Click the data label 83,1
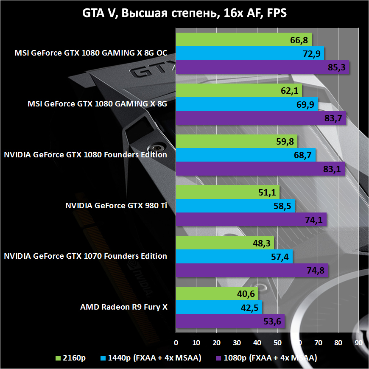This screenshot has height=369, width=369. tap(332, 169)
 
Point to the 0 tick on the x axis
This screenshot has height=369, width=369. tap(176, 342)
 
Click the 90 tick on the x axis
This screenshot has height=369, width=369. tap(358, 342)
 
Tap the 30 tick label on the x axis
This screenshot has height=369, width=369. tap(237, 342)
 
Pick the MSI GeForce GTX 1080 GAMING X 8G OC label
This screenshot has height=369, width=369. tap(91, 53)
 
